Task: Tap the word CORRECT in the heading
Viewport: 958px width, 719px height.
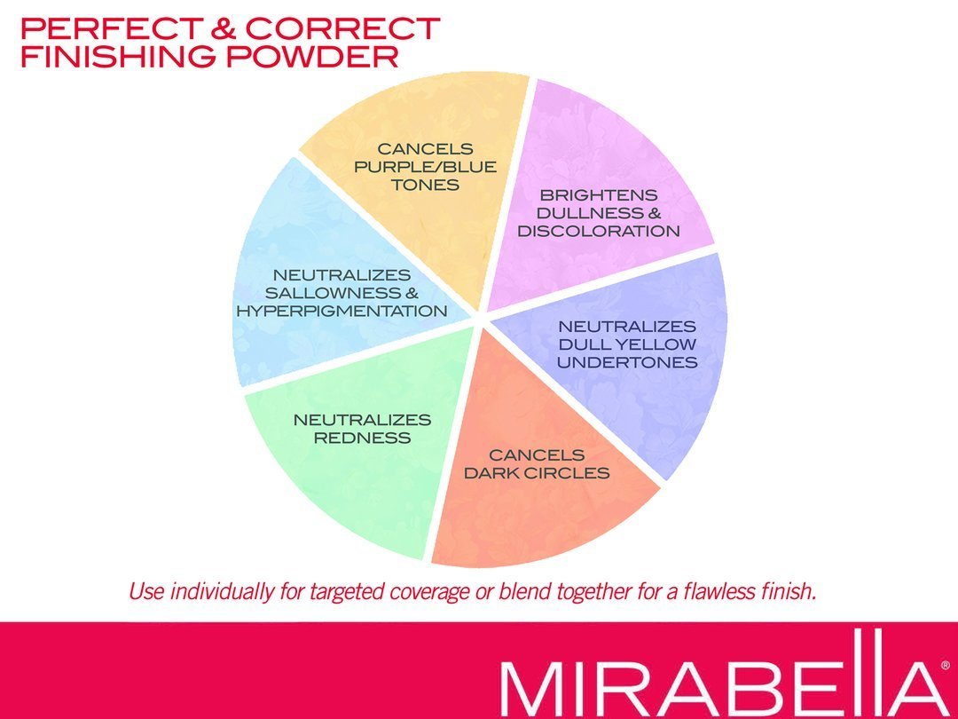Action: coord(342,28)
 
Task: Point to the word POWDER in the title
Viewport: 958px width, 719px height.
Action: coord(312,57)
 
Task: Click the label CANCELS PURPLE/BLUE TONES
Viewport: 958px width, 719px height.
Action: coord(425,166)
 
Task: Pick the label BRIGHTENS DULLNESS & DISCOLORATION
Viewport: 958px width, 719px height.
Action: coord(598,213)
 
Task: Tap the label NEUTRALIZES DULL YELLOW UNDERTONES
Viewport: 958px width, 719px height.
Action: coord(627,344)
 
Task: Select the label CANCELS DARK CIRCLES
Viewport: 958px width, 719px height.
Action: coord(537,463)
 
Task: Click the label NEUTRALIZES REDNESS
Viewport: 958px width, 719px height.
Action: coord(362,429)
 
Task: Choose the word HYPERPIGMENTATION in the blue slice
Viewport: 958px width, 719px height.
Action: coord(342,311)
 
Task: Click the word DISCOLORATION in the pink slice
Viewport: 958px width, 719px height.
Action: coord(598,231)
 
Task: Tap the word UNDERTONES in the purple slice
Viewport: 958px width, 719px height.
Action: coord(627,362)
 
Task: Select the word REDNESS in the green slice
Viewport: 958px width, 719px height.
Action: coord(362,437)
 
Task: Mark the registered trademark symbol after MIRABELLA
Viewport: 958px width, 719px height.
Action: coord(946,666)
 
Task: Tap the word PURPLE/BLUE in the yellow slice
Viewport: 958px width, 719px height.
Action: coord(425,167)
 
